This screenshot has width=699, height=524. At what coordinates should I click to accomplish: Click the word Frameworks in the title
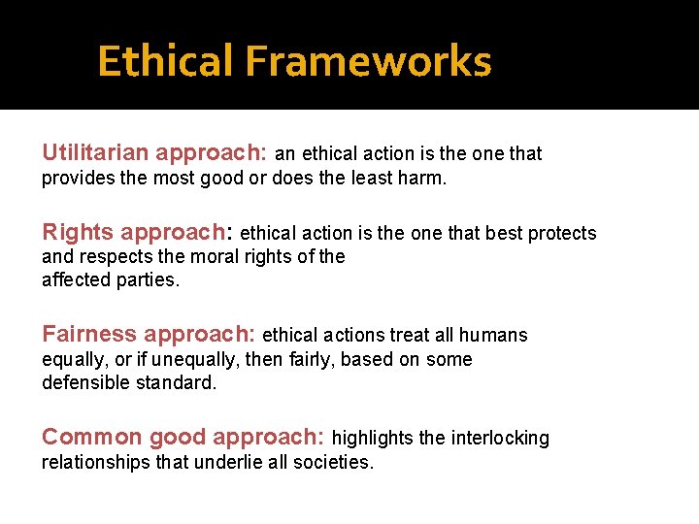[368, 62]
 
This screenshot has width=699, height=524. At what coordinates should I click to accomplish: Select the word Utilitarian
[95, 153]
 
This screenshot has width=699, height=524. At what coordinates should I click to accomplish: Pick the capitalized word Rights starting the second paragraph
[78, 232]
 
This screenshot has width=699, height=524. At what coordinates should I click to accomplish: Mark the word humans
[493, 336]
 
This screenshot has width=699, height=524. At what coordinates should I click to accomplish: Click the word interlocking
[499, 439]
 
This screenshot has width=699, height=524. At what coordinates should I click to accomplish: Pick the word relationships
[96, 462]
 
